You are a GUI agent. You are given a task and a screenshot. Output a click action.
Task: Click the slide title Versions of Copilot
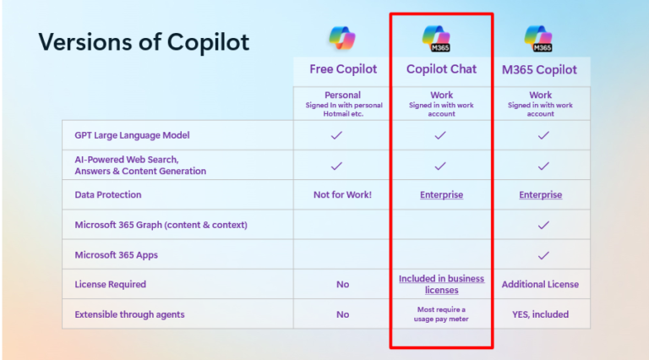tap(144, 42)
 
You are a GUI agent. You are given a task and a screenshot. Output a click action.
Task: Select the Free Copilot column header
tap(342, 69)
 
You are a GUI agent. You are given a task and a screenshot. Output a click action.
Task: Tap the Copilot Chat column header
tap(441, 69)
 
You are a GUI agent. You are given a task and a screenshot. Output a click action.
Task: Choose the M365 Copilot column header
tap(541, 69)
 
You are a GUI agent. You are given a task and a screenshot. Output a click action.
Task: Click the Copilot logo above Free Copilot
tap(342, 38)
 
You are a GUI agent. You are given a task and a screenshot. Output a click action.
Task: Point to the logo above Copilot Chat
tap(441, 38)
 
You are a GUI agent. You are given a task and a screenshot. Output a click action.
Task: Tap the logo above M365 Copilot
tap(539, 38)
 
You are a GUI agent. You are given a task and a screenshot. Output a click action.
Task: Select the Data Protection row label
tap(107, 194)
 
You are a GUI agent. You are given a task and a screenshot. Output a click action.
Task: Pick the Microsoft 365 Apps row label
tap(116, 255)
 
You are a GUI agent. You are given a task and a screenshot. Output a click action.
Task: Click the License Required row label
tap(110, 285)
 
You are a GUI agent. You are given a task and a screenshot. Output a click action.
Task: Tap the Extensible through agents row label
tap(129, 314)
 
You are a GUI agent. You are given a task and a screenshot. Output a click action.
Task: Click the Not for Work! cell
tap(342, 194)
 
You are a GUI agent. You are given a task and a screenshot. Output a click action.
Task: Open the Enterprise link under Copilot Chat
tap(441, 194)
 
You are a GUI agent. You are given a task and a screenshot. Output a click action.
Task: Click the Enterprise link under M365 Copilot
tap(541, 194)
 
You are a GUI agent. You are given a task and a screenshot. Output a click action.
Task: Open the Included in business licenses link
tap(441, 284)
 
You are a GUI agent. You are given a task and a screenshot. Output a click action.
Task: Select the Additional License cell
tap(541, 285)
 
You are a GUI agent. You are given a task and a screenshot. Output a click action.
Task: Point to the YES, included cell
tap(541, 314)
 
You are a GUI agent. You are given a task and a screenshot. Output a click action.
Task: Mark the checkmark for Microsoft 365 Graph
tap(543, 225)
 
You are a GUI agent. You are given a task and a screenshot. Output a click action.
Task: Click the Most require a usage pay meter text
tap(441, 314)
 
